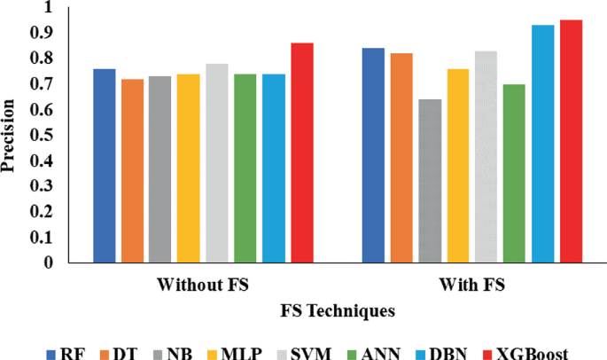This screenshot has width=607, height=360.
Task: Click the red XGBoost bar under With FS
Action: (x=571, y=142)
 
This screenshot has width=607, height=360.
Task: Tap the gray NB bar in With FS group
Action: (x=430, y=181)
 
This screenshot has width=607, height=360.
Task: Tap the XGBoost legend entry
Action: (x=527, y=352)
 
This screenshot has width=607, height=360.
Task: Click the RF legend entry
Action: (x=64, y=352)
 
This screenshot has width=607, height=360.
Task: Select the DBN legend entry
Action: (x=444, y=352)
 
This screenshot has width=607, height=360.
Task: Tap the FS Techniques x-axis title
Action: (x=338, y=311)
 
